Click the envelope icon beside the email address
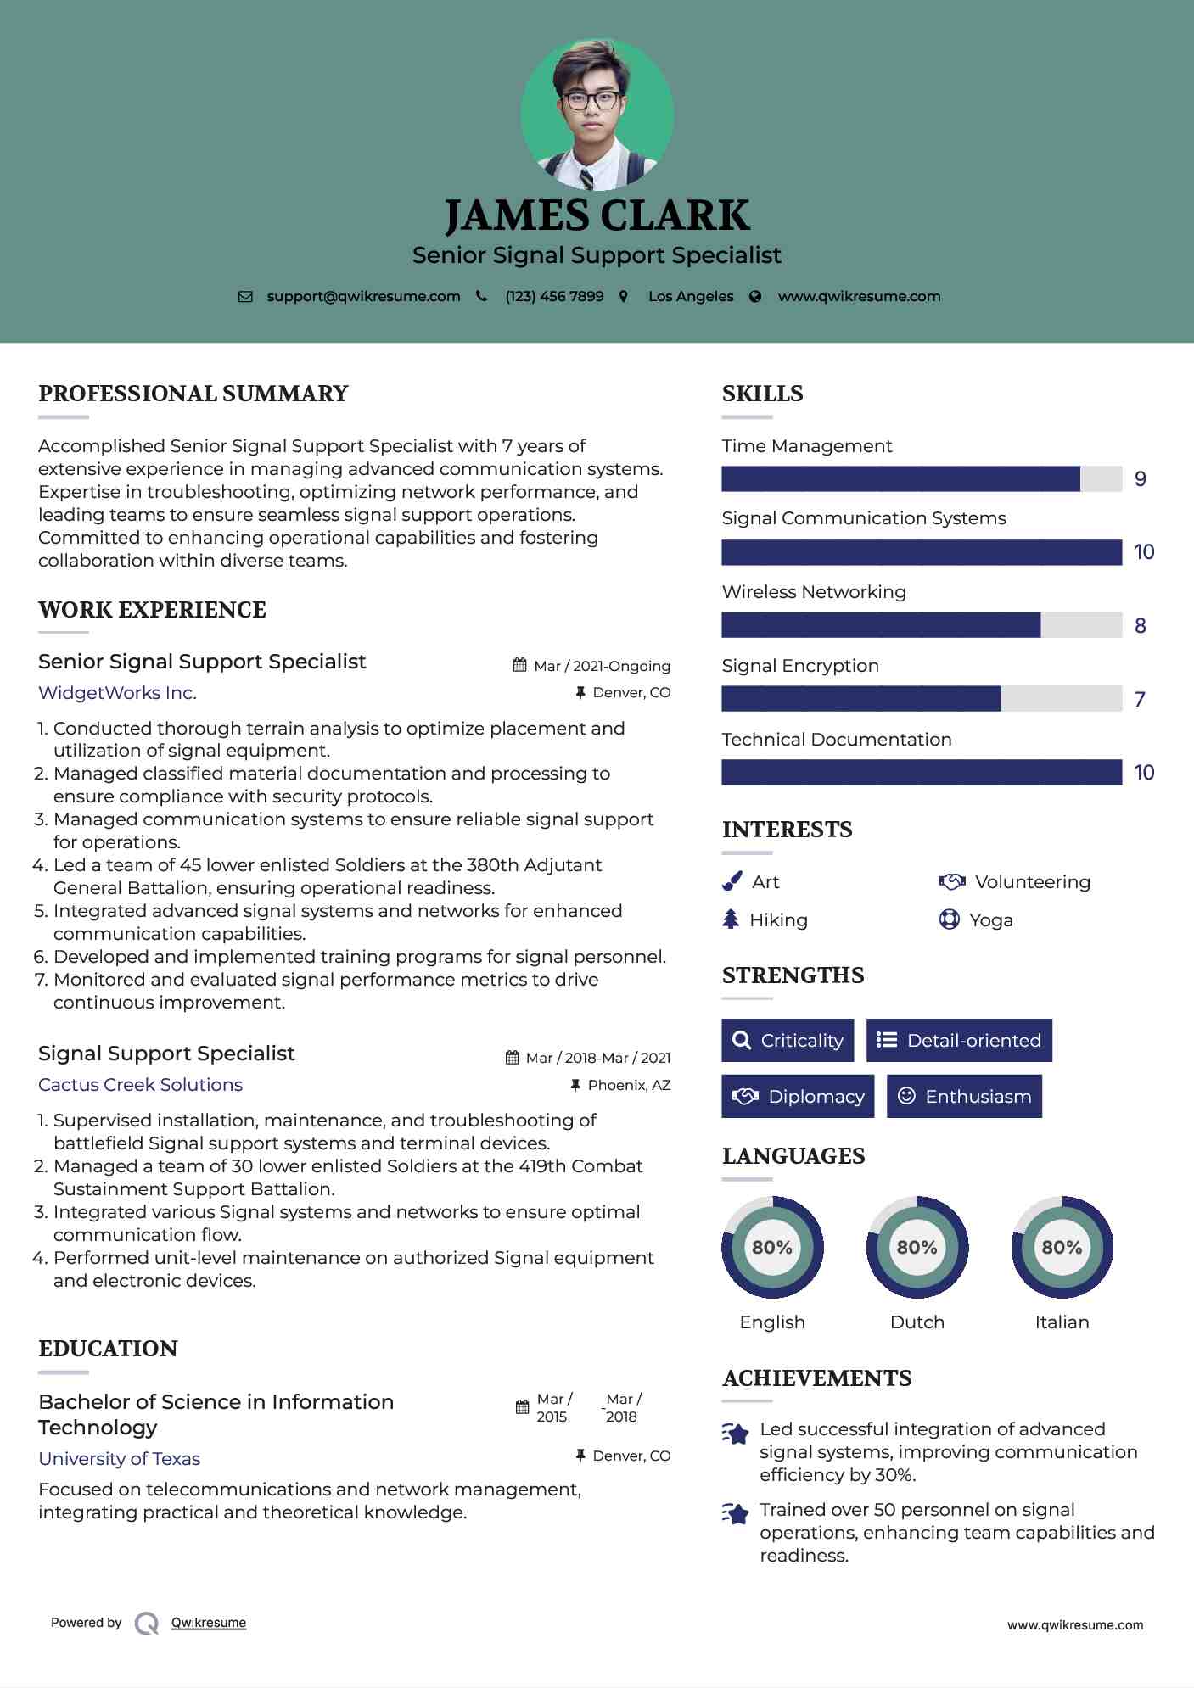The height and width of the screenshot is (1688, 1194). [x=245, y=297]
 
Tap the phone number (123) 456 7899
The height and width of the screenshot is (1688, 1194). [x=554, y=297]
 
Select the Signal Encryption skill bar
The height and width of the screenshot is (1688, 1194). [x=921, y=699]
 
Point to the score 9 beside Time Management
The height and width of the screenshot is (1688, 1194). [x=1141, y=479]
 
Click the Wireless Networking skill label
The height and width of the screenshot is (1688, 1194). [x=814, y=592]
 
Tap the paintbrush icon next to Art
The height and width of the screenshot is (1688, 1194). [x=732, y=882]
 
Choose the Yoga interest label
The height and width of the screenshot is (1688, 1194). [x=991, y=920]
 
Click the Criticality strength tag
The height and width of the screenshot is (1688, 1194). [x=788, y=1041]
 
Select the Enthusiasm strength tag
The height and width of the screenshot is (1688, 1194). [x=964, y=1097]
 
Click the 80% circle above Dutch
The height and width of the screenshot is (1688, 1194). [x=917, y=1247]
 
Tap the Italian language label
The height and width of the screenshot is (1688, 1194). [x=1062, y=1322]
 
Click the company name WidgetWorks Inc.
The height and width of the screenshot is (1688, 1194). [x=117, y=693]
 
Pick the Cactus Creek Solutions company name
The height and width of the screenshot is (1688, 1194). [x=140, y=1085]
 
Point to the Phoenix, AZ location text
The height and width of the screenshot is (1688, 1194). [x=629, y=1085]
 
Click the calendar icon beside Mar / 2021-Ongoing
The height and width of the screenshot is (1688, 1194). [x=520, y=666]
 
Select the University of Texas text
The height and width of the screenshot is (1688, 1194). [x=119, y=1459]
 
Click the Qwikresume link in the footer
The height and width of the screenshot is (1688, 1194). [x=209, y=1623]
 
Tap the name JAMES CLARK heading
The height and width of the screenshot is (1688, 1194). [x=597, y=215]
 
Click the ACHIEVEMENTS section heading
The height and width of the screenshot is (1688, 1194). [x=816, y=1378]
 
